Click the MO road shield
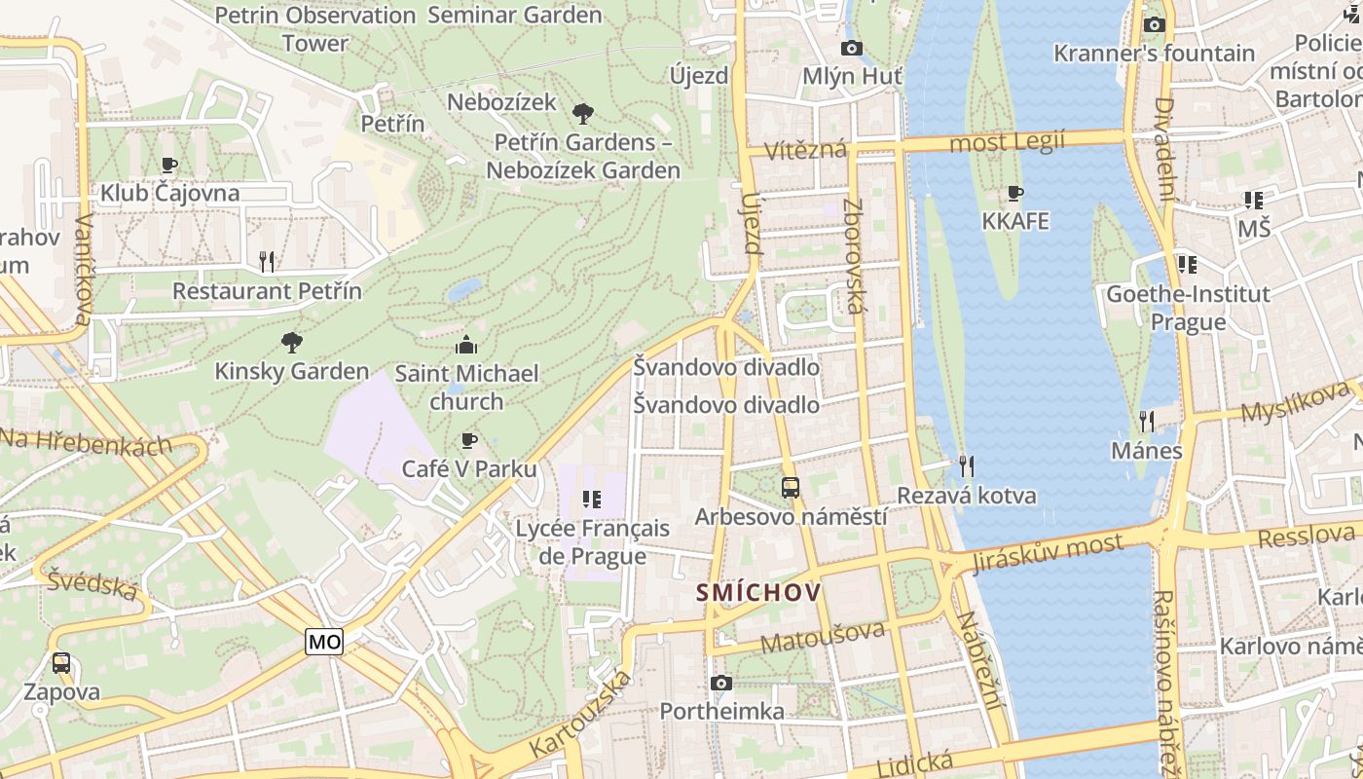click(324, 642)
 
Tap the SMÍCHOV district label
click(758, 592)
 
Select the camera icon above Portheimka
click(720, 684)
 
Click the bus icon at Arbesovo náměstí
click(791, 488)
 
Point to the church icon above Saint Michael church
click(466, 345)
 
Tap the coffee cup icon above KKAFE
click(1015, 193)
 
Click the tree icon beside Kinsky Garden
click(291, 342)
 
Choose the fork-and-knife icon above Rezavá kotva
click(966, 465)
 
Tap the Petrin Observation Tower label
click(315, 29)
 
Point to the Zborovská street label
click(854, 256)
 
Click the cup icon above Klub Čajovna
click(169, 165)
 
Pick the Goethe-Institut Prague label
click(1188, 308)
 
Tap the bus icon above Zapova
click(61, 663)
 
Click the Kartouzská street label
click(580, 715)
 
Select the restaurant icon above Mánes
click(1147, 421)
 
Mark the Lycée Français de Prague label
click(592, 542)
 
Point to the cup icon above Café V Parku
click(468, 441)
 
